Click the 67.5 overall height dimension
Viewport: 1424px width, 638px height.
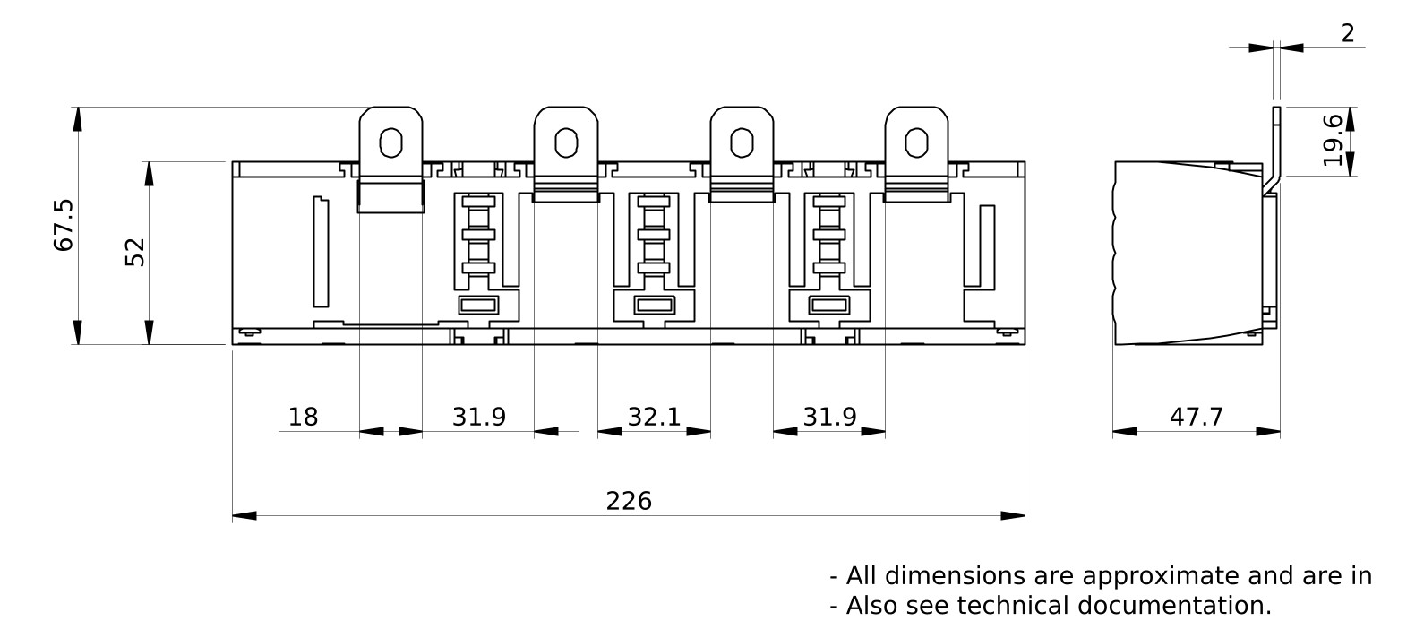click(64, 225)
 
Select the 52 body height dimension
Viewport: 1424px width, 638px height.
click(135, 253)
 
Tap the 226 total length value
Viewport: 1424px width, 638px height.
click(629, 501)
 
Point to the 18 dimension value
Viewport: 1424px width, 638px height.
click(303, 417)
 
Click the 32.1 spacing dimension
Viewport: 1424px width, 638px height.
click(654, 417)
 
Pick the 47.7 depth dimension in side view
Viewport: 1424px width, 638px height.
click(1196, 417)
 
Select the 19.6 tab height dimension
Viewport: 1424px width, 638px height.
click(1334, 140)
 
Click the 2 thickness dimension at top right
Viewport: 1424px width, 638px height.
click(1348, 34)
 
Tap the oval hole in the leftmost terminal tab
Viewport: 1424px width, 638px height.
click(390, 142)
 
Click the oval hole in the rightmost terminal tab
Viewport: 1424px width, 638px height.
click(915, 142)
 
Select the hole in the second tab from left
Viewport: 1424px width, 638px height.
click(565, 142)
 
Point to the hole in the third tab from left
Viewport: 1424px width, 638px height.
click(741, 142)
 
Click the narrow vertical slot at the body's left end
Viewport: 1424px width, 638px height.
click(320, 252)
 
